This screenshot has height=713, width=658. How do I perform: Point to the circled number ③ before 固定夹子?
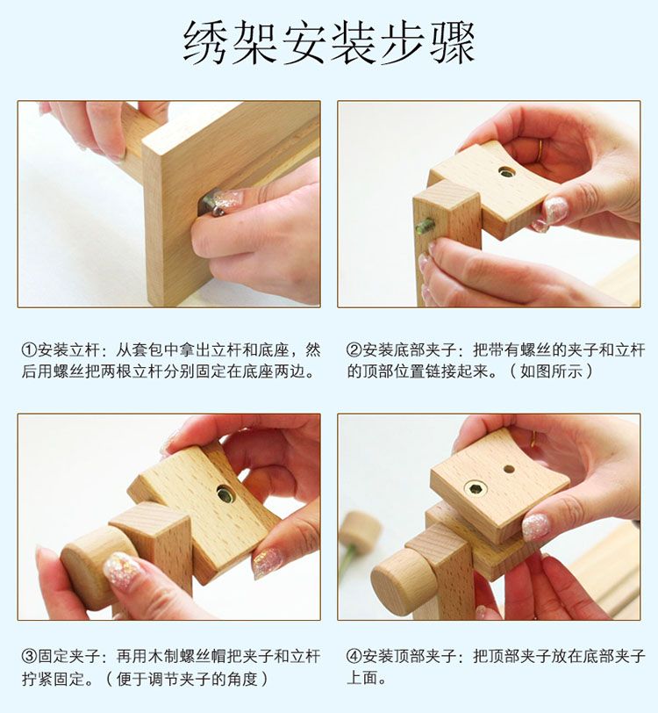coord(29,656)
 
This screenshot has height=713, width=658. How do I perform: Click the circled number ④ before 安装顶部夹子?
coord(353,656)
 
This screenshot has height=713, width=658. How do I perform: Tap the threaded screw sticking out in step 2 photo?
coord(426,226)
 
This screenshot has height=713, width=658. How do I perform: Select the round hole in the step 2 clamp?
coord(507,172)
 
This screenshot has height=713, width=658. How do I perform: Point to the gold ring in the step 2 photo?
coord(540,149)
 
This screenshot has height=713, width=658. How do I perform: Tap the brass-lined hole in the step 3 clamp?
coord(225,494)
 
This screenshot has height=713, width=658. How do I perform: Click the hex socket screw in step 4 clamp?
coord(476,488)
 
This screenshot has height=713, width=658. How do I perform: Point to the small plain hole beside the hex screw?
coord(509,469)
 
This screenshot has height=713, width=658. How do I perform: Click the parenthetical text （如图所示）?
coord(553,371)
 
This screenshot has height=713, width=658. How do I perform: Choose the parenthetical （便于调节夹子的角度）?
coord(185,678)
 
